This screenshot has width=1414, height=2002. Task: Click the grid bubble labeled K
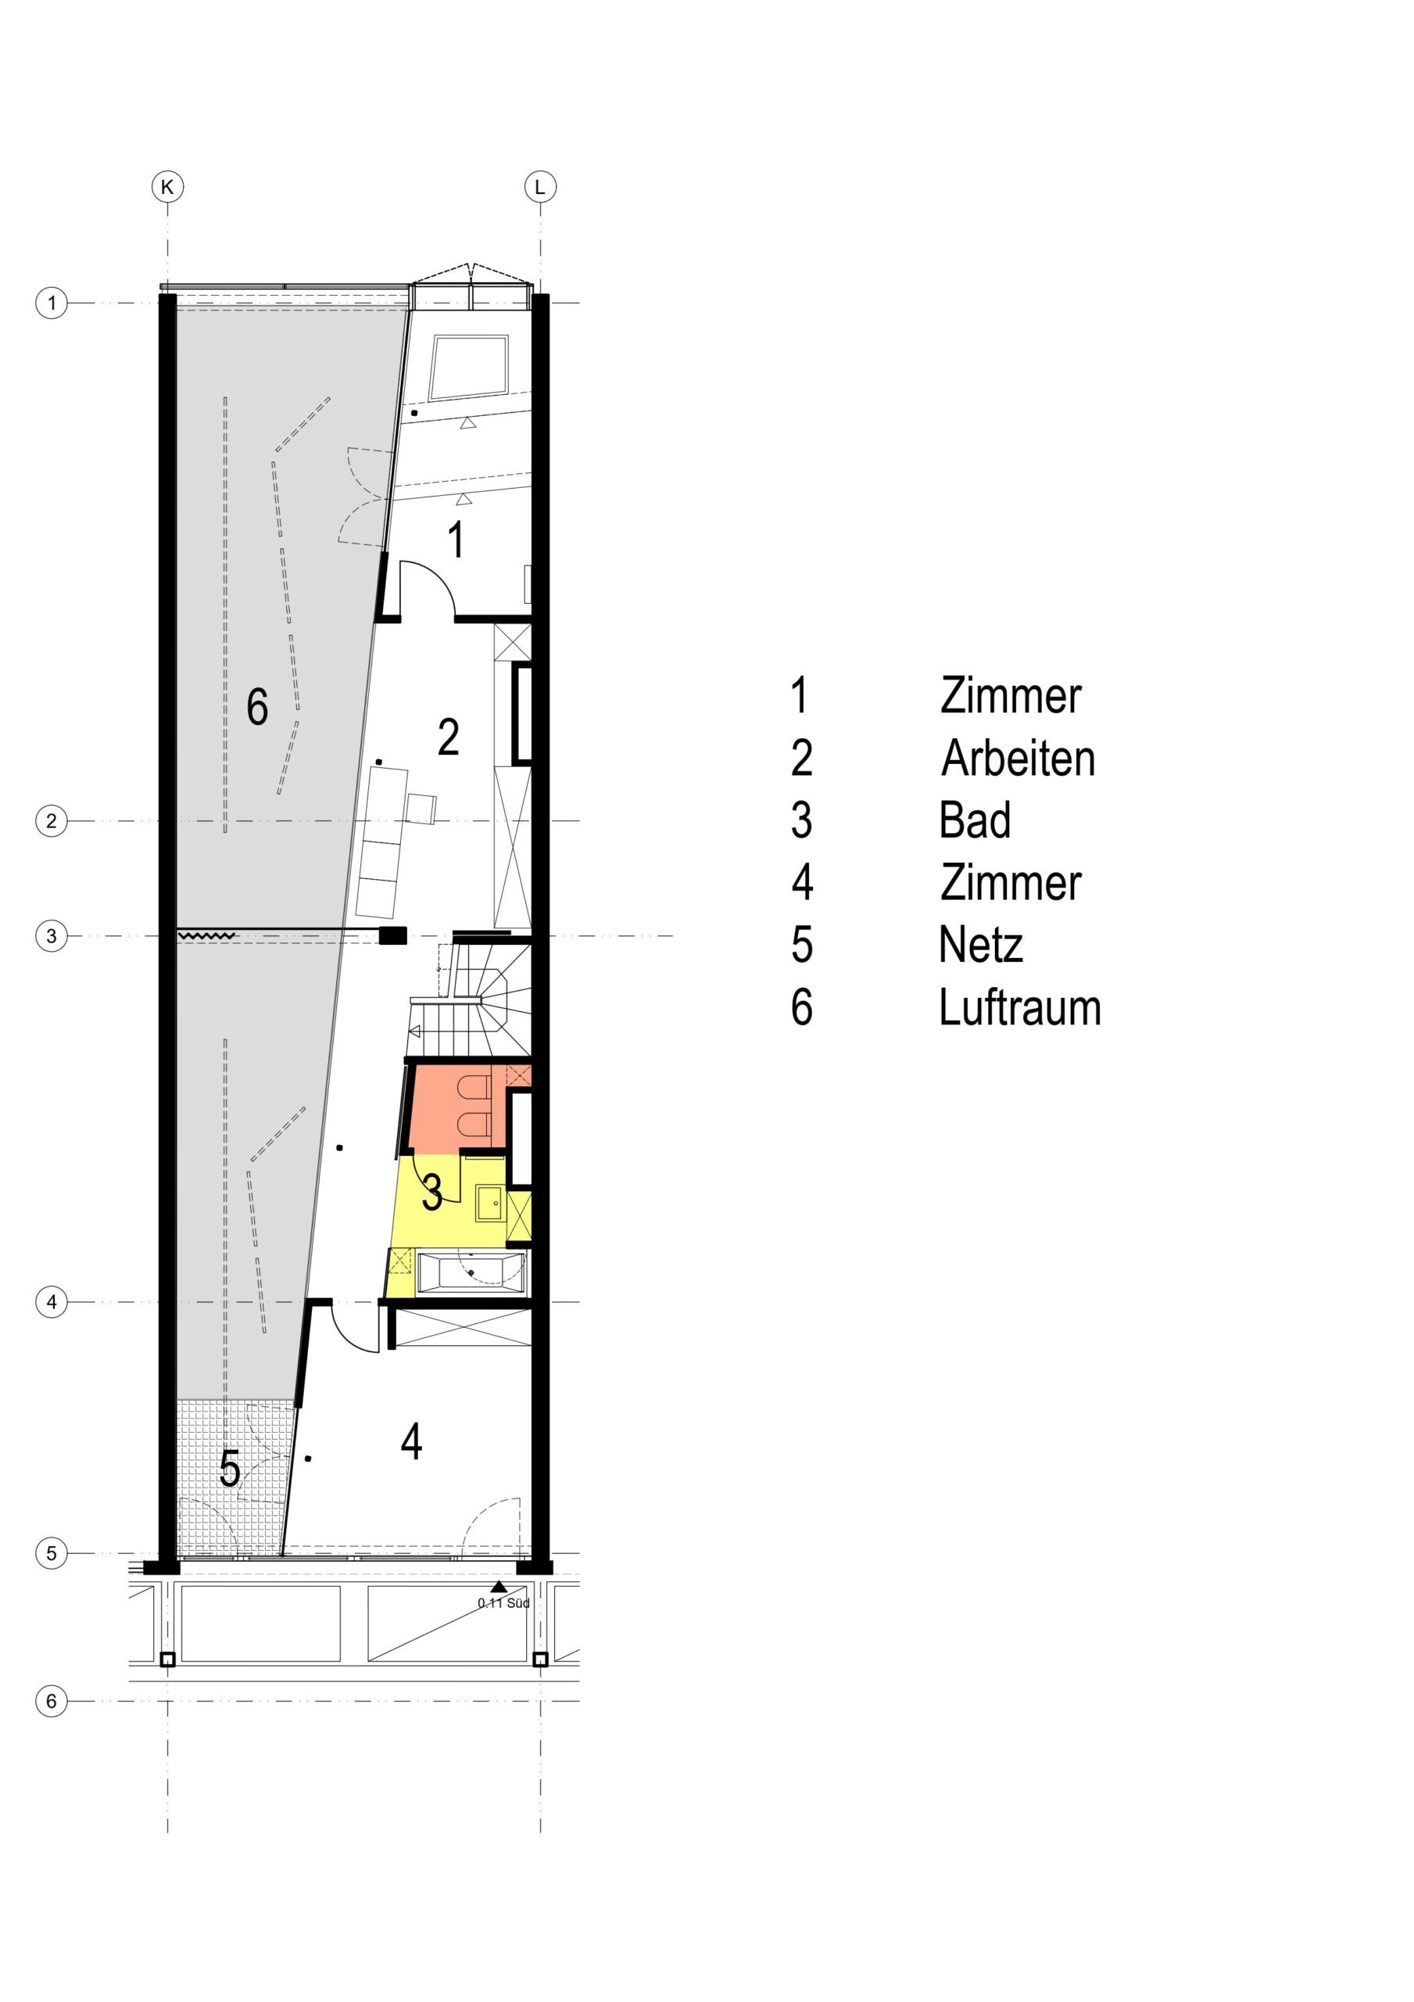coord(167,187)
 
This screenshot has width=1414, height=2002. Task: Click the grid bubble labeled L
coord(539,187)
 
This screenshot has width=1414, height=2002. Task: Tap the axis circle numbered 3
coord(52,936)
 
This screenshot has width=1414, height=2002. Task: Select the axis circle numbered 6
coord(52,1700)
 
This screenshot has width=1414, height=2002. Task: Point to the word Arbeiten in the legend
coord(1018,759)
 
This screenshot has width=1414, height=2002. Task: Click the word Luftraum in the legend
coord(1020,1008)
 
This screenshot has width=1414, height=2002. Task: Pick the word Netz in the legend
coord(981,945)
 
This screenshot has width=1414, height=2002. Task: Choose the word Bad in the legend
coord(975,820)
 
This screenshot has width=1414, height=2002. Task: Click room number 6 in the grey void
coord(257,706)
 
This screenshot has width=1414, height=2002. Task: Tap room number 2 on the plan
coord(448,737)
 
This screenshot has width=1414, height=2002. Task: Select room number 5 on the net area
coord(229,1469)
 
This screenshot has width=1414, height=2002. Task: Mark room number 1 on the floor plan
coord(455,539)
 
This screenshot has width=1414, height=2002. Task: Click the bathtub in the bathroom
coord(471,1273)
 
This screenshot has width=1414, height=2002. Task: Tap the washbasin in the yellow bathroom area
coord(489,1204)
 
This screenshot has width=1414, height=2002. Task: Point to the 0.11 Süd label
coord(504,1602)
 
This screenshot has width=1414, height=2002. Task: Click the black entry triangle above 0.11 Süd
coord(499,1587)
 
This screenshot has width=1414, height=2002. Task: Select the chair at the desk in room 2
coord(422,809)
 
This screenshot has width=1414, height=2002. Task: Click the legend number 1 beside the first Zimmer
coord(799,696)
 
